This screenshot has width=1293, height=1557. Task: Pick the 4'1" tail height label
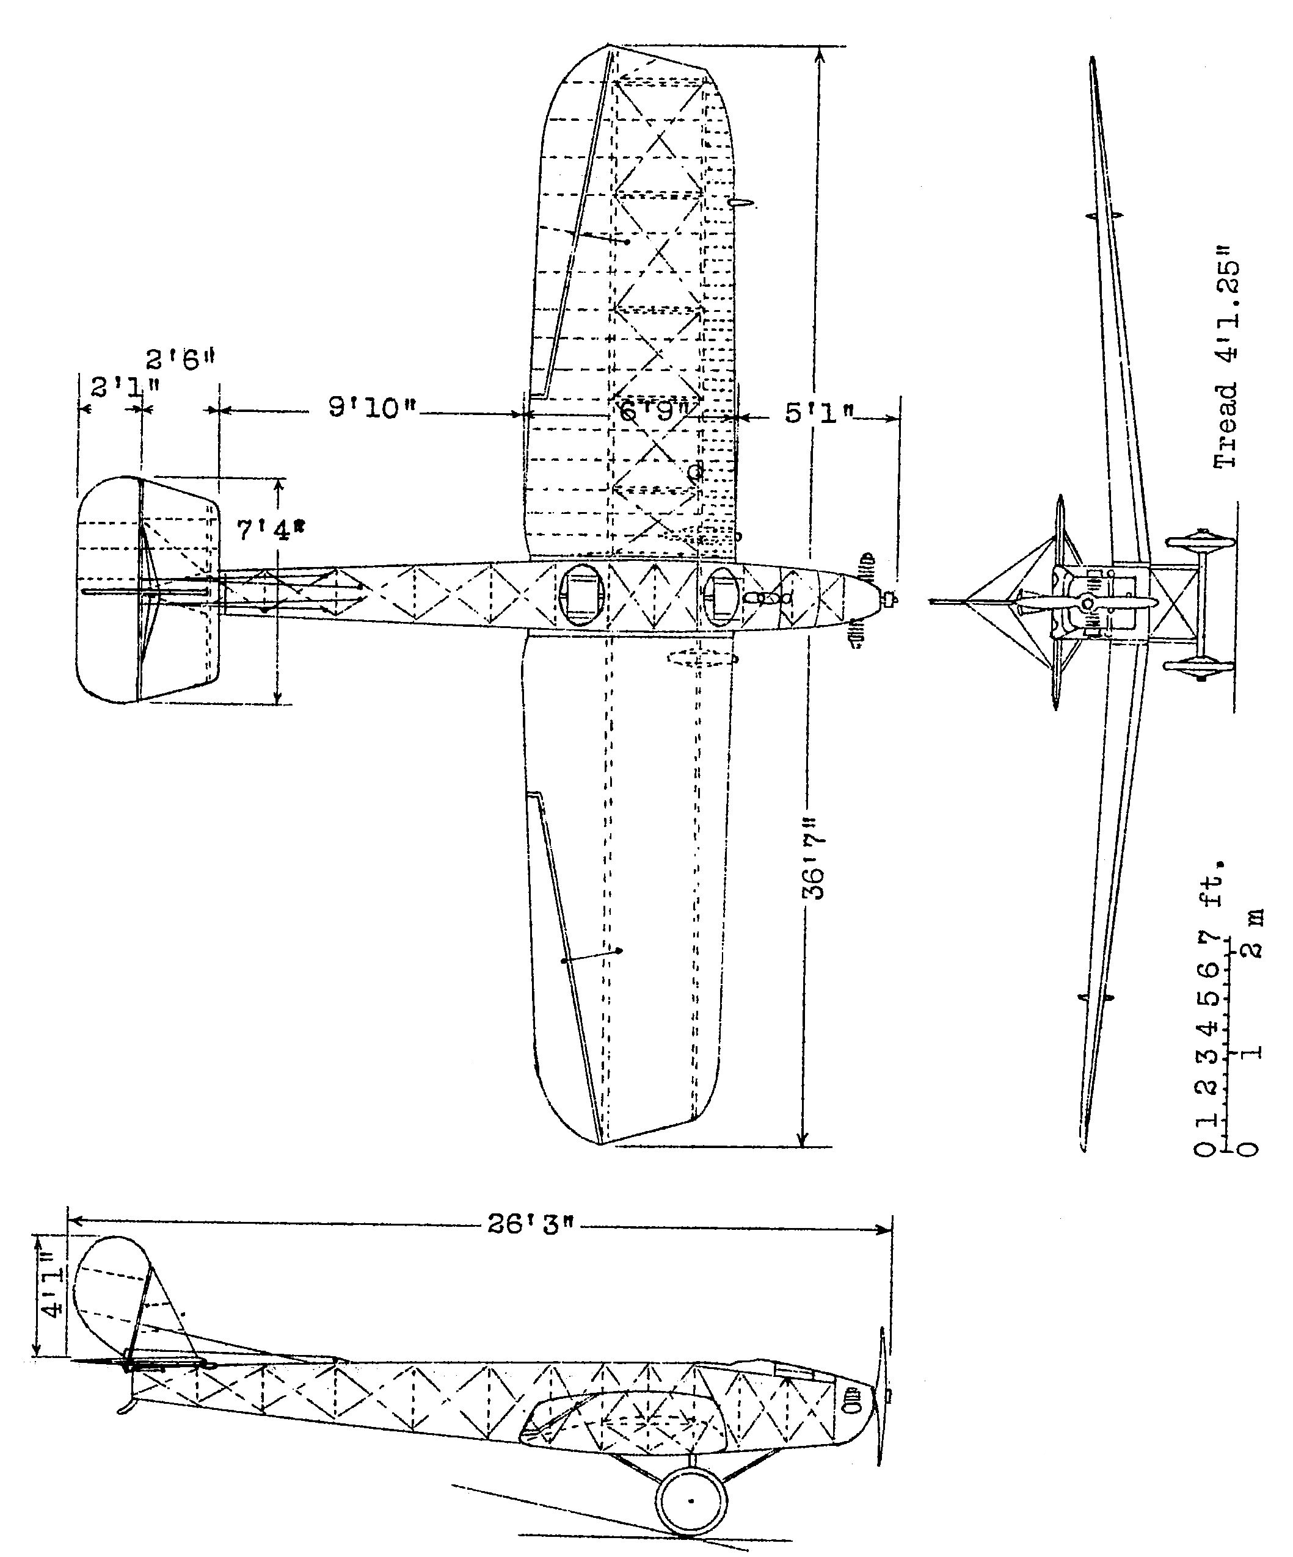click(x=53, y=1295)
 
